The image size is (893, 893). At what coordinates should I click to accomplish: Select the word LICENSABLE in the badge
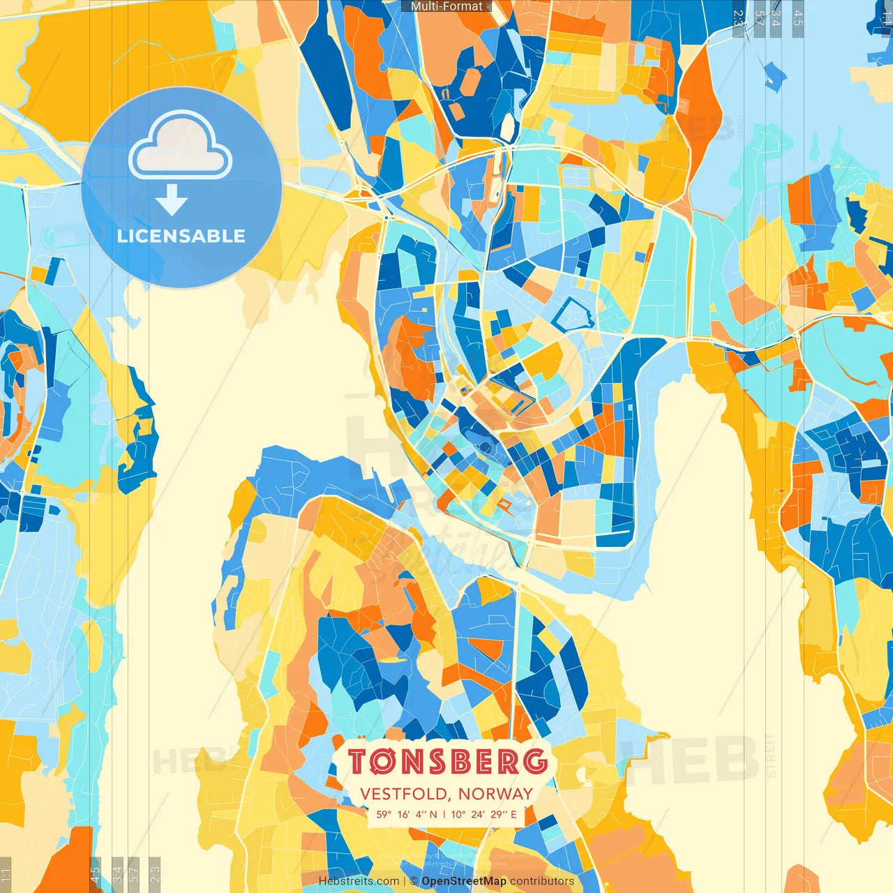click(x=181, y=236)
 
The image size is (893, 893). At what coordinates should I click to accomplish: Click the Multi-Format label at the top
click(x=446, y=6)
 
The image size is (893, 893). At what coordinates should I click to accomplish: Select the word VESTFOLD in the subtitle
click(x=405, y=794)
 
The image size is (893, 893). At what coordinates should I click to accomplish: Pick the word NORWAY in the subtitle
click(x=495, y=794)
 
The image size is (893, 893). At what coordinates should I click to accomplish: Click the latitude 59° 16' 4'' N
click(x=407, y=814)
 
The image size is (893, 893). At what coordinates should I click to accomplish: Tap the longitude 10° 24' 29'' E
click(x=484, y=814)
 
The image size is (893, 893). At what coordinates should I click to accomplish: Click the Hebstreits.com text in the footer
click(x=359, y=881)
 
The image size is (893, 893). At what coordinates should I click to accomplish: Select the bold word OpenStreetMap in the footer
click(x=464, y=881)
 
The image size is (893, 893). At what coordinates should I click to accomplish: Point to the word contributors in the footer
click(x=542, y=881)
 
